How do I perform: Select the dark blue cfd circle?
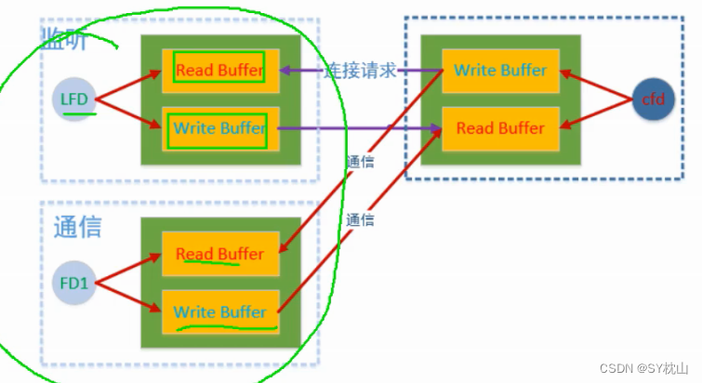coord(654,99)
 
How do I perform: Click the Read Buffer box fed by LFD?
coord(219,70)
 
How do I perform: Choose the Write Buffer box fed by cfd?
coord(500,70)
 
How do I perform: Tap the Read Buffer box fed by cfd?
coord(500,128)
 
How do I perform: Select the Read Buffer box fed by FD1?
coord(219,254)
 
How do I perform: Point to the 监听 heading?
coord(64,37)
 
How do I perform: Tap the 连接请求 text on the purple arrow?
coord(361,71)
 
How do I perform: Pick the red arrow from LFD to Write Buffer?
coord(130,113)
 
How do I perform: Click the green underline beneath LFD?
coord(80,116)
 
